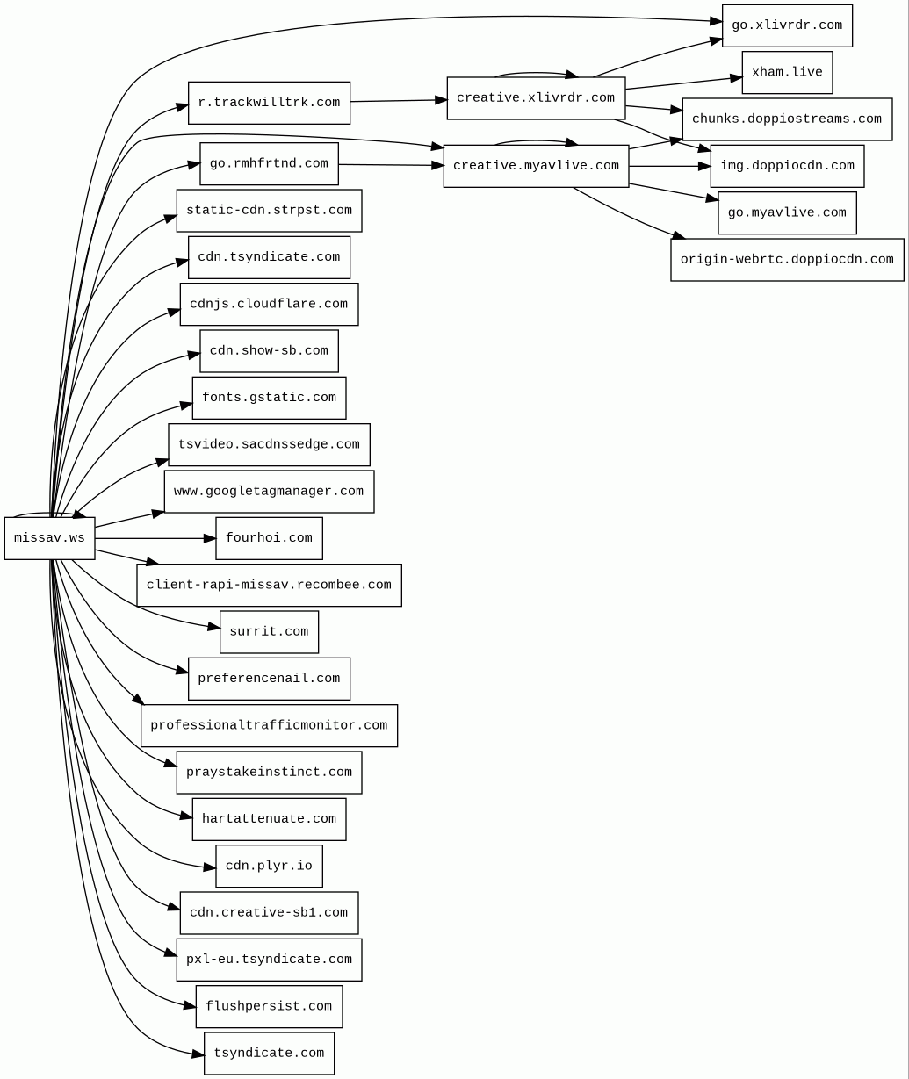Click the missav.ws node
(49, 538)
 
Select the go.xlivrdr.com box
(787, 25)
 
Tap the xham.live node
(787, 72)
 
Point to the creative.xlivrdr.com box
(536, 98)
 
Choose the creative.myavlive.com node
(536, 166)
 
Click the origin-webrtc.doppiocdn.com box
(787, 260)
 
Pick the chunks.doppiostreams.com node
(787, 119)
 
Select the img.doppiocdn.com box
(787, 166)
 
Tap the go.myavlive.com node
(787, 213)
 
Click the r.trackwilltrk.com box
(269, 103)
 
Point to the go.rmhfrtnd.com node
(269, 164)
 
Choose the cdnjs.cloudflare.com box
(269, 305)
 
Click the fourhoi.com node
(269, 538)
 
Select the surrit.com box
(269, 632)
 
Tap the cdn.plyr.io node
(269, 867)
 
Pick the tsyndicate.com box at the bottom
(269, 1054)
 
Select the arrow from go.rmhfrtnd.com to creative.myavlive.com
(391, 165)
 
